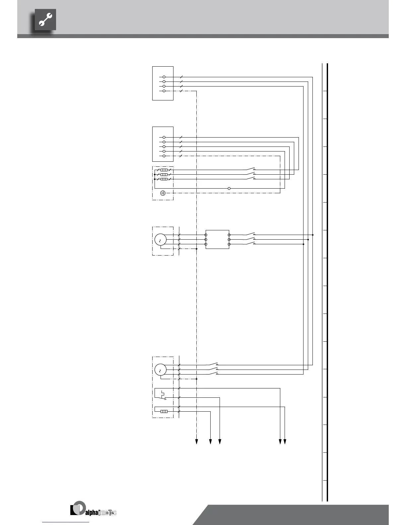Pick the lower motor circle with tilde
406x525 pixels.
pyautogui.click(x=160, y=370)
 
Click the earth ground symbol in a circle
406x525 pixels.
pyautogui.click(x=163, y=193)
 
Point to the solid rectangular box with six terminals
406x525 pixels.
pyautogui.click(x=217, y=239)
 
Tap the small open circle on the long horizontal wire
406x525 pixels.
pyautogui.click(x=229, y=188)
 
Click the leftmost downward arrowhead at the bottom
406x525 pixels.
pyautogui.click(x=197, y=441)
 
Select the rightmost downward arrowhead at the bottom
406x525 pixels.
pyautogui.click(x=285, y=441)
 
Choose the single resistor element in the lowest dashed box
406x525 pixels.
pyautogui.click(x=164, y=412)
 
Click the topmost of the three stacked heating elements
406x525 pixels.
pyautogui.click(x=164, y=170)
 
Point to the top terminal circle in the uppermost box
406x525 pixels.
pyautogui.click(x=164, y=77)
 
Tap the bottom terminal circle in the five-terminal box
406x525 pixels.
pyautogui.click(x=164, y=156)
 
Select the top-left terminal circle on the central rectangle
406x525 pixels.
pyautogui.click(x=206, y=235)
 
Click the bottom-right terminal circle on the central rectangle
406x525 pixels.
pyautogui.click(x=229, y=244)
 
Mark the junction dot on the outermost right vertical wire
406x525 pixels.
pyautogui.click(x=313, y=235)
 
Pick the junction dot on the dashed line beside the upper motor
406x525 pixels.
pyautogui.click(x=197, y=249)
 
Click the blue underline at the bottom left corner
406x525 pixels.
pyautogui.click(x=66, y=522)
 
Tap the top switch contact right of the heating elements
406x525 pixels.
pyautogui.click(x=251, y=169)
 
